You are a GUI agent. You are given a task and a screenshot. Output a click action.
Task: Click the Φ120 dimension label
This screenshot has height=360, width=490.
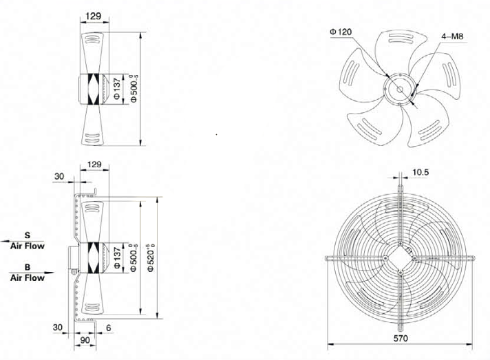[341, 32]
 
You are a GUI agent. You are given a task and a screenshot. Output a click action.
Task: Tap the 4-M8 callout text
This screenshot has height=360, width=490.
[452, 36]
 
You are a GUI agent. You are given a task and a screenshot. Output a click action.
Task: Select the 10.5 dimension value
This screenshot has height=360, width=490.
[420, 172]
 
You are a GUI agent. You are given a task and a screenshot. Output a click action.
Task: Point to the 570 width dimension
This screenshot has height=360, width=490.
[401, 338]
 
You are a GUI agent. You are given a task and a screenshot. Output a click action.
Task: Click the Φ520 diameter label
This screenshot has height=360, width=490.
[151, 258]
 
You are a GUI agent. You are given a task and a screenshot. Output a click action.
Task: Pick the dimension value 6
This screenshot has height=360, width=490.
[109, 328]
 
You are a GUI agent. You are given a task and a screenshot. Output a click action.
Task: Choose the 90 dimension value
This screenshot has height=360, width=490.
[85, 340]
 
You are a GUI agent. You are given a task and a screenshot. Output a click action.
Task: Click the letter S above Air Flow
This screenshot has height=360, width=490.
[28, 235]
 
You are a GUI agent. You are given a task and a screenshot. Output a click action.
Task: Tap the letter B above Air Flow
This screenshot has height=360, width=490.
[28, 267]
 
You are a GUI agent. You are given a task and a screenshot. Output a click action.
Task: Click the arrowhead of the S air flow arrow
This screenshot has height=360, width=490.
[3, 241]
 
